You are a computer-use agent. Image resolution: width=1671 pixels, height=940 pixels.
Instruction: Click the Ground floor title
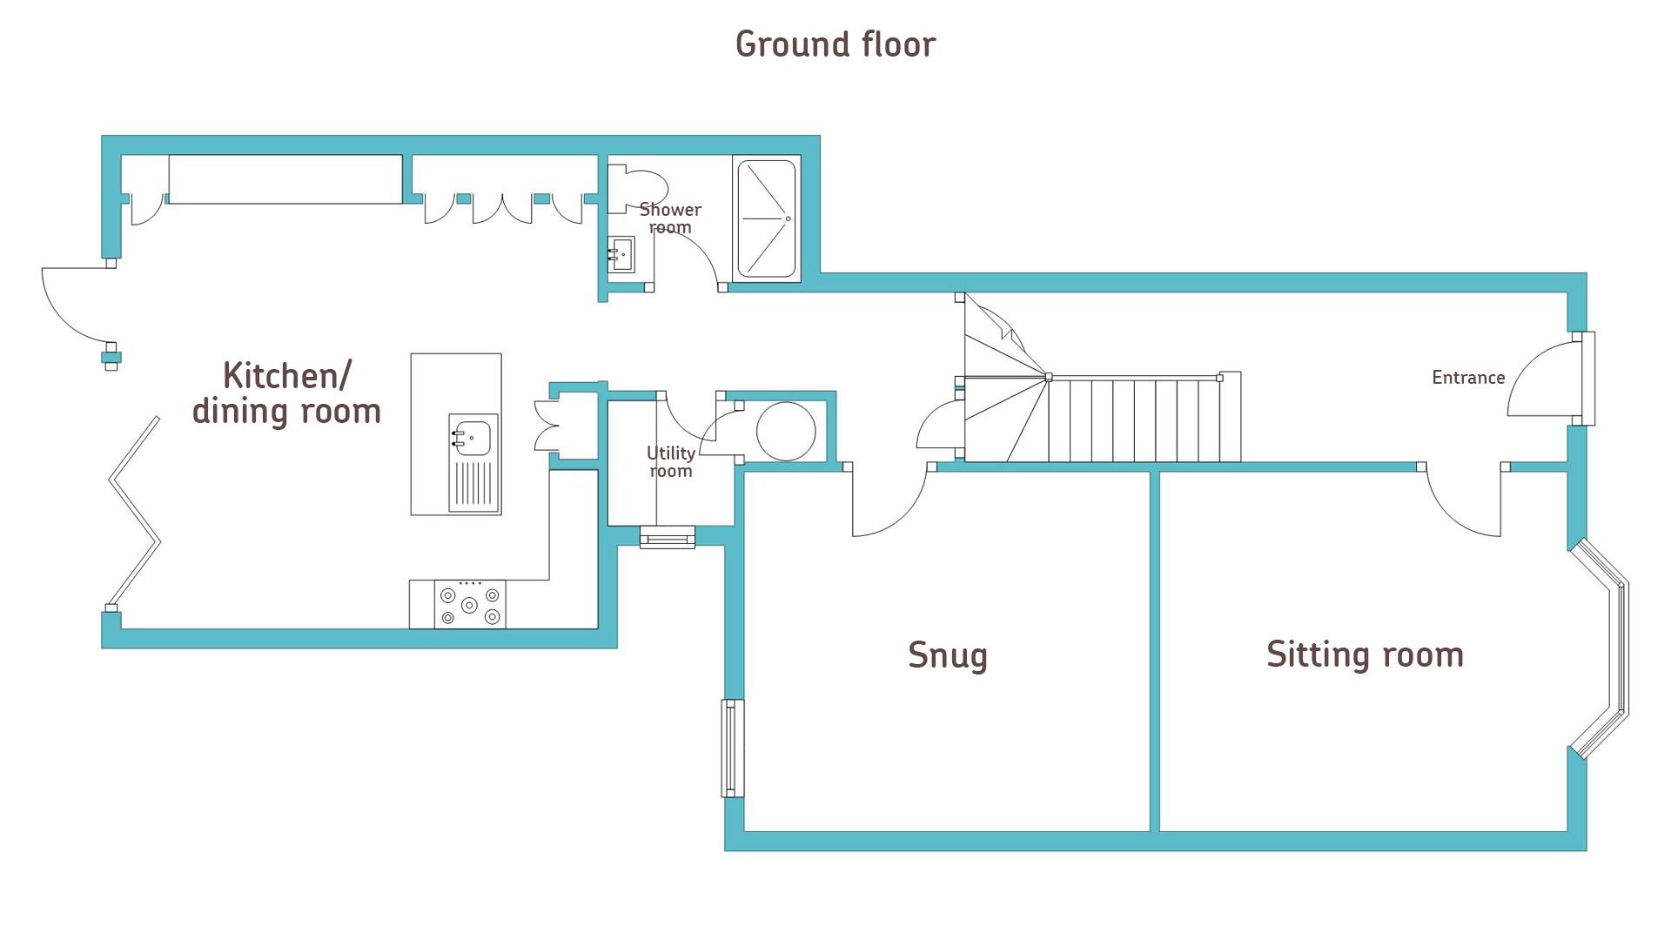pyautogui.click(x=835, y=44)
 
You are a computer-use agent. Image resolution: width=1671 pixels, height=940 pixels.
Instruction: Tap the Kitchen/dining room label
pyautogui.click(x=286, y=393)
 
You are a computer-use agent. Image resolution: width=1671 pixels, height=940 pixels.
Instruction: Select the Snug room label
pyautogui.click(x=947, y=655)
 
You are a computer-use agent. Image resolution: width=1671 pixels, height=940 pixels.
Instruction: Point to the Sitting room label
pyautogui.click(x=1364, y=655)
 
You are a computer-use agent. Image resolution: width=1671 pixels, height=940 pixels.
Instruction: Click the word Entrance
pyautogui.click(x=1468, y=378)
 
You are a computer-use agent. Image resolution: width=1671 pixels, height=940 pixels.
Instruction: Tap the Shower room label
pyautogui.click(x=669, y=218)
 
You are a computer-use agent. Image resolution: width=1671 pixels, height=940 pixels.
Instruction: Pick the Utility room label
pyautogui.click(x=670, y=462)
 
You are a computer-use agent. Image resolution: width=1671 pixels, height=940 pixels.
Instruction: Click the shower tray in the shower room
pyautogui.click(x=766, y=218)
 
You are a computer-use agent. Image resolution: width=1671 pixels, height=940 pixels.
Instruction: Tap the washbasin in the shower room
pyautogui.click(x=621, y=254)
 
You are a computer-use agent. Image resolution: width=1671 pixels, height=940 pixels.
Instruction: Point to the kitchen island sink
pyautogui.click(x=472, y=435)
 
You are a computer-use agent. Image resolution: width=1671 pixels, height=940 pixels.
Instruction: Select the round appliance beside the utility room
pyautogui.click(x=785, y=431)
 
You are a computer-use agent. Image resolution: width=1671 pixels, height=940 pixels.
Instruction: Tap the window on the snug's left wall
pyautogui.click(x=733, y=749)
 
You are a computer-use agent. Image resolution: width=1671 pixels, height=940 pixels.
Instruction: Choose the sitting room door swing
pyautogui.click(x=1462, y=505)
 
